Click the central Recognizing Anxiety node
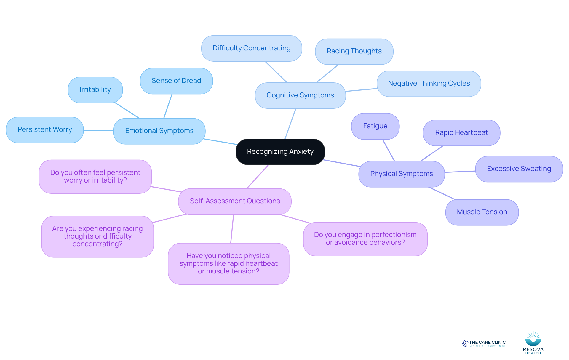[x=280, y=152]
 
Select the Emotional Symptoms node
[x=159, y=131]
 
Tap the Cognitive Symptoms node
[x=300, y=95]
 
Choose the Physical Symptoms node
[x=402, y=174]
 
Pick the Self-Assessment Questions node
[x=235, y=201]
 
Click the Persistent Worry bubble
[x=45, y=130]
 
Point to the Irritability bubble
[x=95, y=90]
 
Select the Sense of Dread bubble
[x=176, y=81]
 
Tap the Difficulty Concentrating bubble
[x=252, y=48]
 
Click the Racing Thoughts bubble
[x=354, y=51]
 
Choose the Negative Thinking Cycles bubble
[x=429, y=84]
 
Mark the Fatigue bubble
[x=375, y=126]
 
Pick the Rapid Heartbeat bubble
[x=461, y=133]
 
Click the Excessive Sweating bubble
[x=519, y=169]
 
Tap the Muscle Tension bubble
[x=482, y=212]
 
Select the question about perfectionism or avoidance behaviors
[x=365, y=239]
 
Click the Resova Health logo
[x=533, y=343]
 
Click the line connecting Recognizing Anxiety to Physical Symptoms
[x=342, y=163]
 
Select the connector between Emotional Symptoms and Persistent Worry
[x=98, y=130]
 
